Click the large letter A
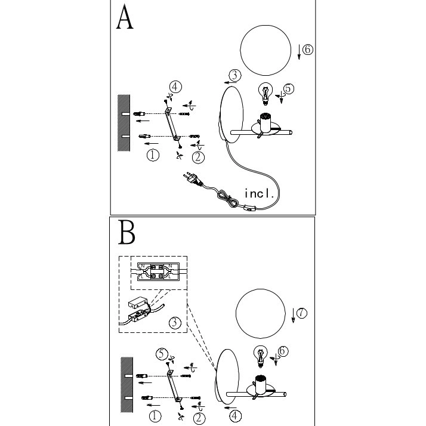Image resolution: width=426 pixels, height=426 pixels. [x=125, y=18]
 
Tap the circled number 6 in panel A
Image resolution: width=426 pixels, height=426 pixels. [x=307, y=50]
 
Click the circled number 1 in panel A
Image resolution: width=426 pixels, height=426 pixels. [x=153, y=155]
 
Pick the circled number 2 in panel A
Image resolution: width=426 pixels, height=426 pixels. [x=198, y=157]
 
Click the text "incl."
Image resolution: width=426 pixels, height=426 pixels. [x=260, y=193]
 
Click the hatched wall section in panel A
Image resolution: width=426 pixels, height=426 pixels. [x=124, y=124]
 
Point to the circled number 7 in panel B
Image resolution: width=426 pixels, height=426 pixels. [x=302, y=313]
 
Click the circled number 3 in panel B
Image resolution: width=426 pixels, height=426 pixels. [x=174, y=323]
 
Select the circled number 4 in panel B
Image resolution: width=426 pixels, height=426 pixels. [x=236, y=415]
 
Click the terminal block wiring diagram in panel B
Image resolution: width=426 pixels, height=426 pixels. [x=155, y=271]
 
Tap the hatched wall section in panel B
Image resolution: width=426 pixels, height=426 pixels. [x=126, y=384]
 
